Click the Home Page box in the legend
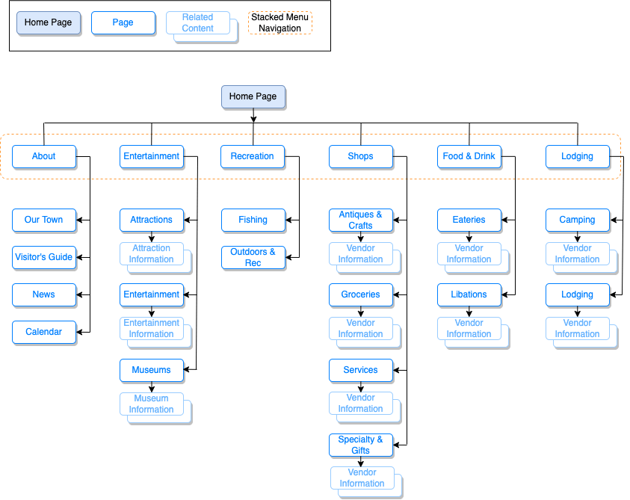pos(49,22)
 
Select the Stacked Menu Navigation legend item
pos(280,22)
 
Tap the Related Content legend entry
pos(197,23)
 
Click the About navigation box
pos(44,156)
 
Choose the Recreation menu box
pos(253,156)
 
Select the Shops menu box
pos(360,156)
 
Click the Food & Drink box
pos(469,156)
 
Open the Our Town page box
pos(44,220)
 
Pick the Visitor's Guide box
pos(44,257)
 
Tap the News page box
pos(44,294)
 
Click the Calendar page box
pos(44,332)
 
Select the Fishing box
pos(253,220)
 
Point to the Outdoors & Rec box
pos(253,257)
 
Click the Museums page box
pos(152,370)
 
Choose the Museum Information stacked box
pos(152,404)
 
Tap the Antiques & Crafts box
pos(360,220)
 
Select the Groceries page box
pos(360,294)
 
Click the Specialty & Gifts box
pos(360,445)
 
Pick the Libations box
pos(469,294)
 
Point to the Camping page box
pos(577,220)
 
